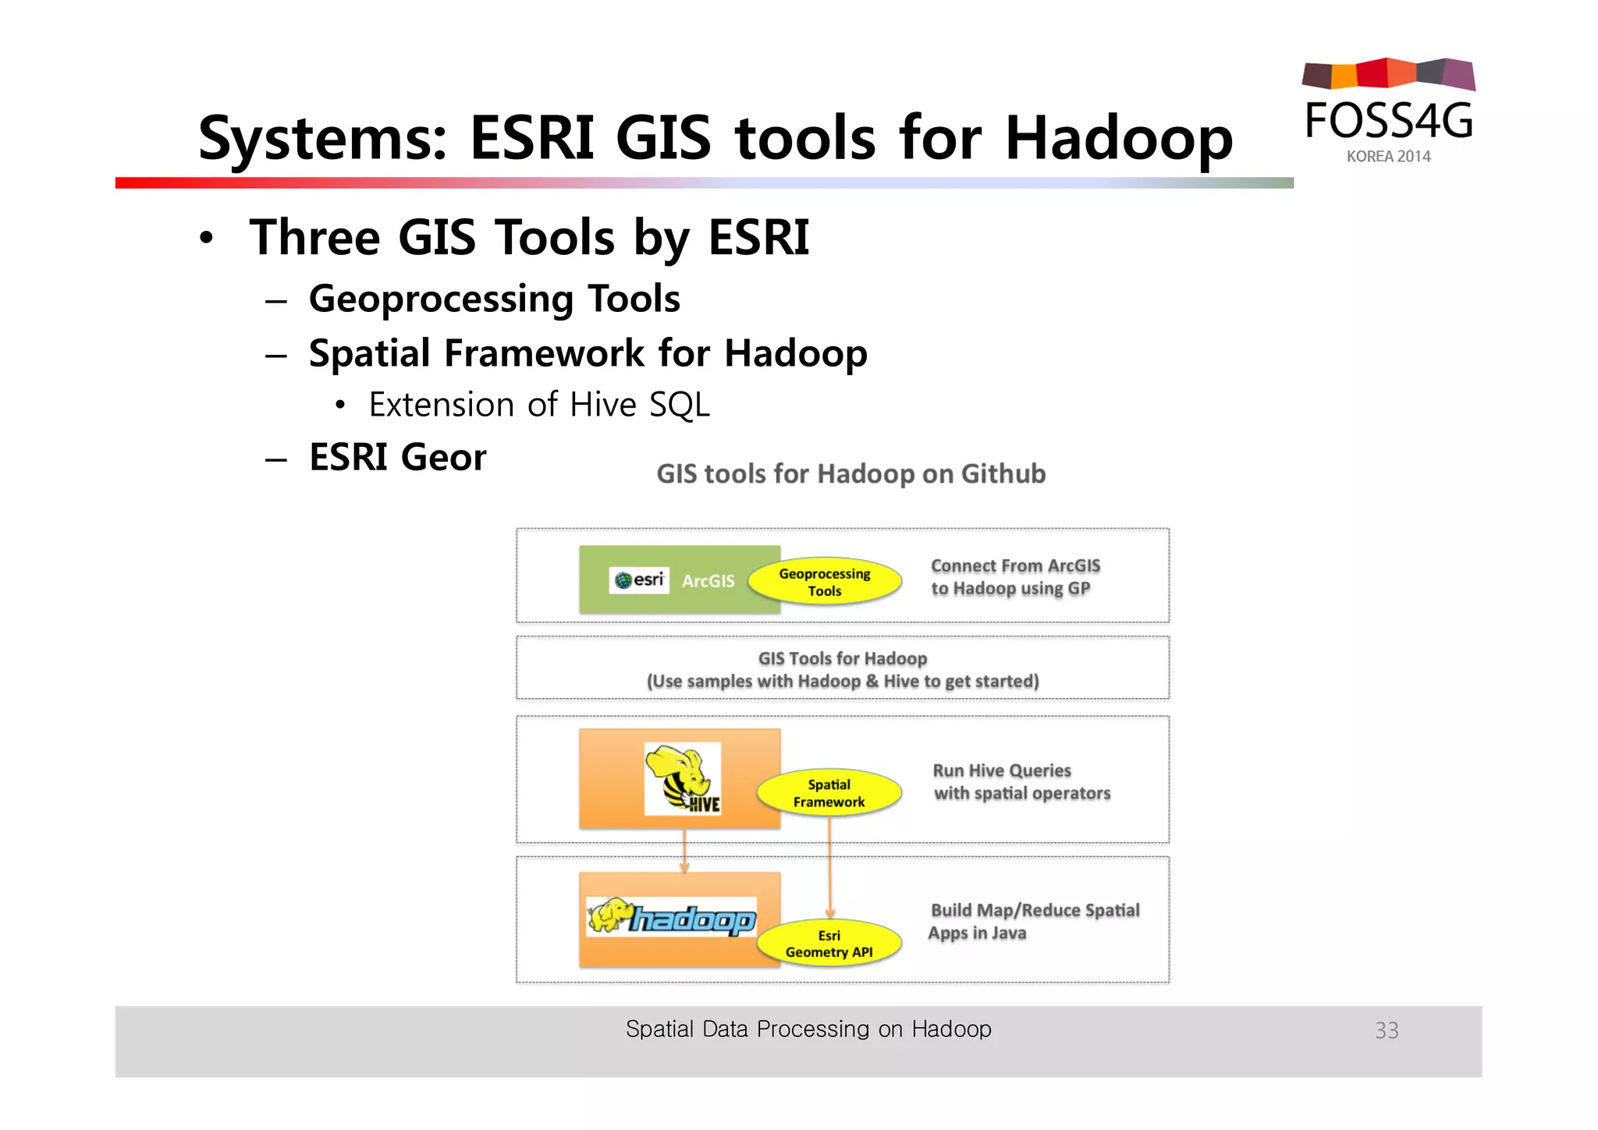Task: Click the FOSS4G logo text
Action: (x=1389, y=121)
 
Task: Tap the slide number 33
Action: (x=1387, y=1030)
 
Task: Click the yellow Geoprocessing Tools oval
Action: (x=825, y=582)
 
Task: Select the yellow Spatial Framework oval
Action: (x=829, y=793)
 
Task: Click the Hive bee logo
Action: (x=683, y=779)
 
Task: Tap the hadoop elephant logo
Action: (x=672, y=917)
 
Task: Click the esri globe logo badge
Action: (x=639, y=580)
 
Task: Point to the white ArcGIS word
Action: (x=708, y=581)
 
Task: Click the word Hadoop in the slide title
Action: (x=1119, y=139)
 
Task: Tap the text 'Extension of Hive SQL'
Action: (x=539, y=405)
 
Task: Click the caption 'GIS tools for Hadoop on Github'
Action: (x=850, y=474)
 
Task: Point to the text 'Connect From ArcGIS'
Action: (x=1015, y=566)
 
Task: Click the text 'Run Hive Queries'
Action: (x=1002, y=770)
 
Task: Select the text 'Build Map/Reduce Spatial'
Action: (x=1035, y=910)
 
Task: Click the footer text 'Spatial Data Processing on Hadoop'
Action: (x=808, y=1029)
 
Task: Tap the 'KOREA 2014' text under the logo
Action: (x=1388, y=157)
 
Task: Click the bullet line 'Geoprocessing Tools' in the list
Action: (x=494, y=299)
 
